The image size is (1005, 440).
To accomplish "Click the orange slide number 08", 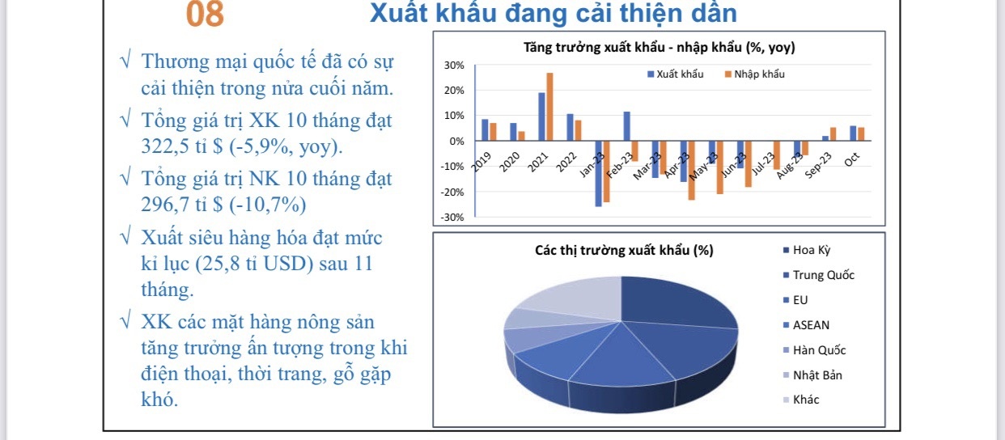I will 205,15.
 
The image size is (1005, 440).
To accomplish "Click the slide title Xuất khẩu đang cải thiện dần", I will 553,14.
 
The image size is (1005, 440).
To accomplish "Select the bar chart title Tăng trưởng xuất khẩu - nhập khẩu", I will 659,48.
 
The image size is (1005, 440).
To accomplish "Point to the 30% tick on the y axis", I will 454,65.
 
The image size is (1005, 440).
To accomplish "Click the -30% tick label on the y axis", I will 452,218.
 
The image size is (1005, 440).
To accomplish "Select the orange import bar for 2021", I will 549,107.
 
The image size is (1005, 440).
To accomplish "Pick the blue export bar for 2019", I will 485,129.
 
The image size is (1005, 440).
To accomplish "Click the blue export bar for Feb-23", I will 626,125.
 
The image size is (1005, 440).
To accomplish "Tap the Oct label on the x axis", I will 852,159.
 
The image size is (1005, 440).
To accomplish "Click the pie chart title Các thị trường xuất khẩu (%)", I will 624,250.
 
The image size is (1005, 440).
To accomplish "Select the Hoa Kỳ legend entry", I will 812,250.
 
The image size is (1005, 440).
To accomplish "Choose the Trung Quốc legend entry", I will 823,275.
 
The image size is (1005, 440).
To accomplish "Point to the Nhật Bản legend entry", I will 817,375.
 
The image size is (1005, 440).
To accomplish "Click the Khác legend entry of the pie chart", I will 806,400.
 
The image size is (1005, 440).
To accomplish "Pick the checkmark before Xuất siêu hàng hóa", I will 125,238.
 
